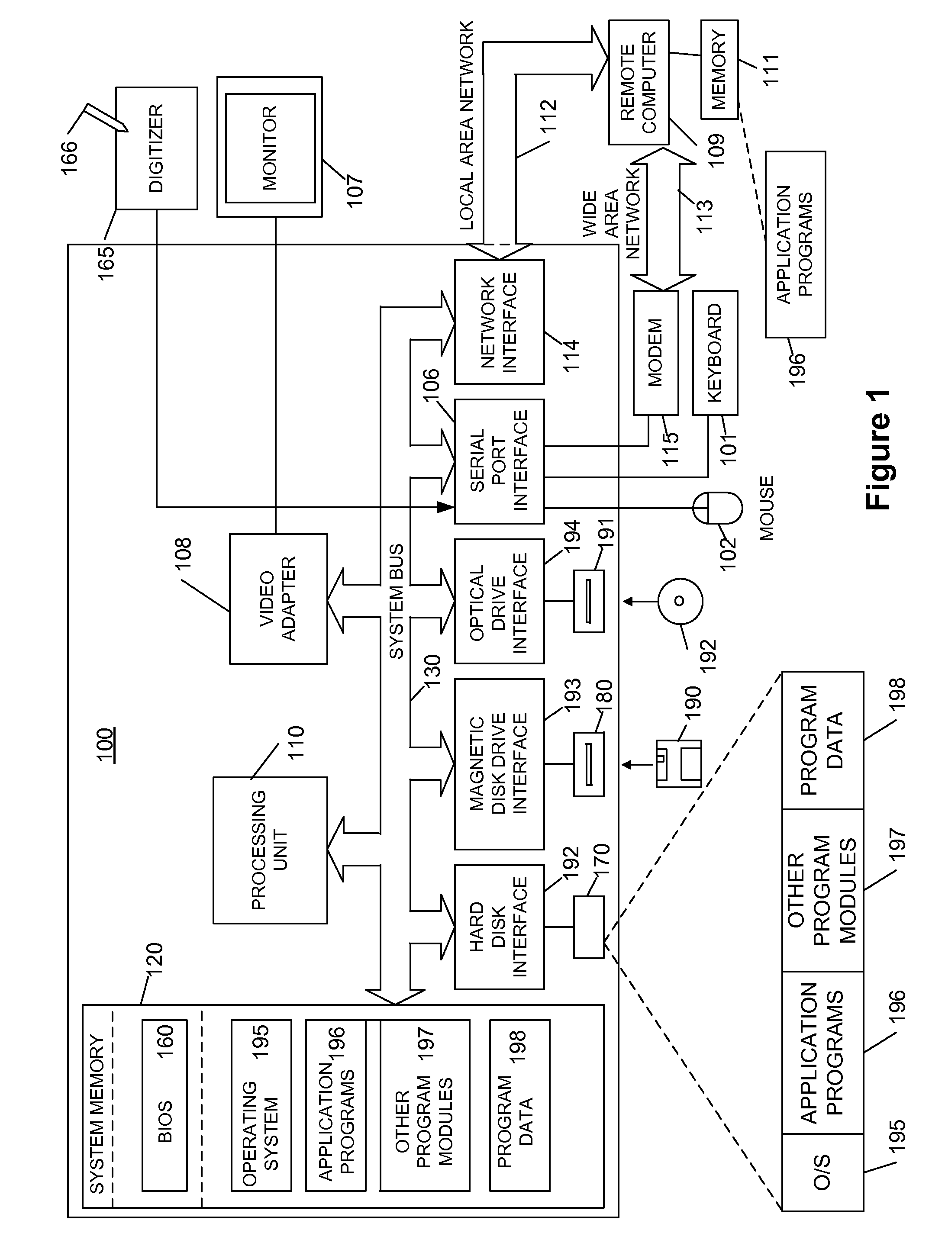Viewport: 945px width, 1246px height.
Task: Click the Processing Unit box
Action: click(x=270, y=850)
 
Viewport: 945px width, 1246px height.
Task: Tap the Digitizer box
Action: click(x=156, y=148)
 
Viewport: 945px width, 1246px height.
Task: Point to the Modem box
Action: click(x=655, y=353)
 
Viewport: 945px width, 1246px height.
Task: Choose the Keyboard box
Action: click(x=715, y=353)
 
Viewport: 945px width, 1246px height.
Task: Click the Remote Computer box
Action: click(x=639, y=83)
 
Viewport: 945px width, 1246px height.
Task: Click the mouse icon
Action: click(x=717, y=508)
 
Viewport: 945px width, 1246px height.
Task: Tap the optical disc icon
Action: click(x=680, y=601)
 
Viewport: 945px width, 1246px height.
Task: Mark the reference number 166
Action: click(x=70, y=157)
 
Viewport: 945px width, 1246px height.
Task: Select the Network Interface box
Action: click(x=499, y=322)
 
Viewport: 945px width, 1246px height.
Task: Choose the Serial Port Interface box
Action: click(x=499, y=461)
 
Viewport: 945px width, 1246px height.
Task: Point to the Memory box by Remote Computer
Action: click(x=719, y=70)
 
